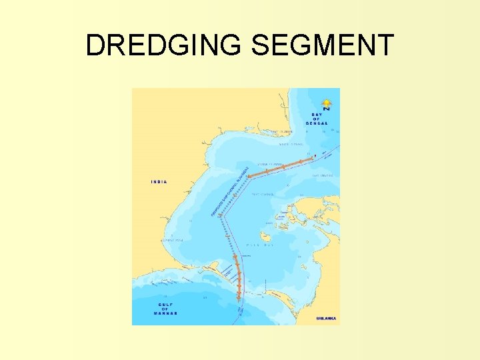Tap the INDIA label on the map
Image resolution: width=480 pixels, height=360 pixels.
click(x=159, y=181)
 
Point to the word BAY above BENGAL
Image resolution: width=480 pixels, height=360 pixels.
click(x=317, y=115)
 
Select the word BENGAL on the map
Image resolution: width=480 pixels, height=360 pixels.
click(x=317, y=124)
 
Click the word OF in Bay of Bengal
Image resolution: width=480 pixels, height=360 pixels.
click(x=317, y=119)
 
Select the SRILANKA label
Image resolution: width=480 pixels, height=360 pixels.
click(x=326, y=319)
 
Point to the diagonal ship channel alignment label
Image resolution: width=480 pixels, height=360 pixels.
click(x=230, y=191)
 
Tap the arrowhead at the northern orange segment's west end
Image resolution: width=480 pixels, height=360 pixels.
click(x=249, y=177)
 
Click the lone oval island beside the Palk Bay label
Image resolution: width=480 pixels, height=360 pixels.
click(x=265, y=237)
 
